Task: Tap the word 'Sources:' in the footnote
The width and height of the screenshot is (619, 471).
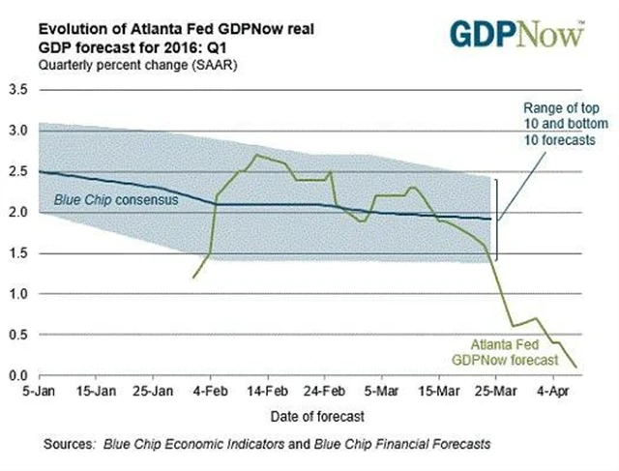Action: (70, 444)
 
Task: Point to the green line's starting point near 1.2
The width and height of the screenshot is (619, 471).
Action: (194, 278)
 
